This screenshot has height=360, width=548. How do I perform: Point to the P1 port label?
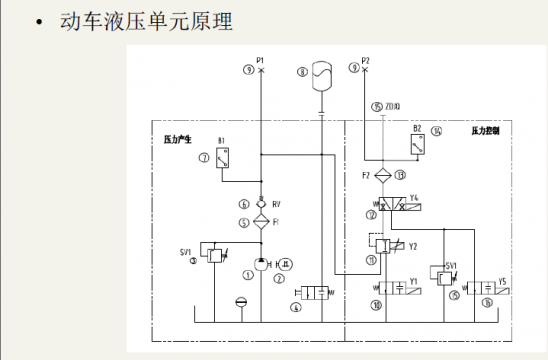pyautogui.click(x=260, y=60)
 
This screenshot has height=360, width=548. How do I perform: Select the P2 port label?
pyautogui.click(x=366, y=60)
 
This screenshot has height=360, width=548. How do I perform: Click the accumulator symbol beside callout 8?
pyautogui.click(x=320, y=74)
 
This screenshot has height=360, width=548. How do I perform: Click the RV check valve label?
pyautogui.click(x=275, y=203)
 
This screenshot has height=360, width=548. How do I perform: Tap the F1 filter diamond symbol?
pyautogui.click(x=260, y=219)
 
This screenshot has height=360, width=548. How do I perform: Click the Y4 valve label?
pyautogui.click(x=414, y=197)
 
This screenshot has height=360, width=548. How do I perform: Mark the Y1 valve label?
pyautogui.click(x=413, y=283)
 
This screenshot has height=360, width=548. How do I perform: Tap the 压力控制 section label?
pyautogui.click(x=486, y=131)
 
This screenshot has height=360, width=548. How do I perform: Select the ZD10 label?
pyautogui.click(x=392, y=105)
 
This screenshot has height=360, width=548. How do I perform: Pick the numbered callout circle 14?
pyautogui.click(x=436, y=131)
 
